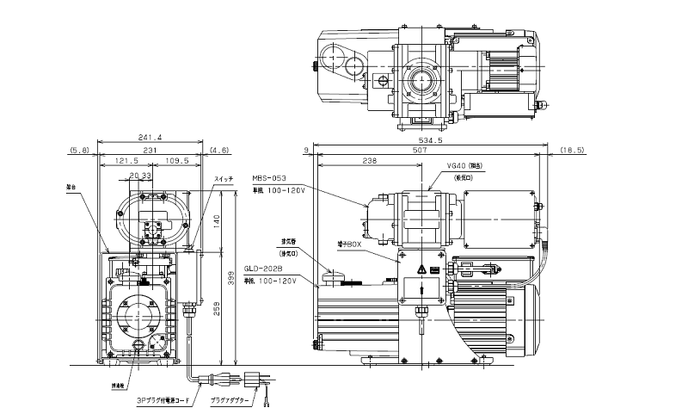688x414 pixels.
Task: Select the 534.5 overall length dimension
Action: coord(430,139)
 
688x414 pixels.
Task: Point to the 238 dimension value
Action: coord(371,161)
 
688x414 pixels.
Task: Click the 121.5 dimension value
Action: coord(127,161)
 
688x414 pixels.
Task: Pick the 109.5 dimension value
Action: coord(176,161)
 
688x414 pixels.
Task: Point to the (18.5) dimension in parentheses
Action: coord(572,150)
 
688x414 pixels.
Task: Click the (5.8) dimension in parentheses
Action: coord(78,150)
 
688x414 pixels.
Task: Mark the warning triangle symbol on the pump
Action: coord(421,270)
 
